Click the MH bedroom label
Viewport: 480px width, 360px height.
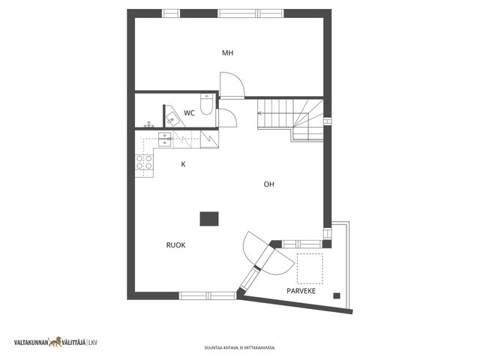[x=228, y=53]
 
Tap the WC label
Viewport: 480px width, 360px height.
[x=189, y=113]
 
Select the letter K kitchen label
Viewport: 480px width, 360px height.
[x=183, y=164]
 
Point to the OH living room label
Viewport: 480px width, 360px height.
[x=268, y=184]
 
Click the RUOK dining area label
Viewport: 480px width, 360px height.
[x=175, y=245]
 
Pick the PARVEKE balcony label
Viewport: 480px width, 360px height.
[x=301, y=291]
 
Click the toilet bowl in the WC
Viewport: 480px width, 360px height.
[x=206, y=104]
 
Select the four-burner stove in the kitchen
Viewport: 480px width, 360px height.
[x=144, y=162]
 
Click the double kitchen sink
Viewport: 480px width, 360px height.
[x=165, y=140]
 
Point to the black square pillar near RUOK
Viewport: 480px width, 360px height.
[x=209, y=219]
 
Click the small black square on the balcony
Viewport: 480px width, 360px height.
[x=337, y=295]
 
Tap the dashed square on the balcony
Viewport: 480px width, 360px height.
[x=310, y=268]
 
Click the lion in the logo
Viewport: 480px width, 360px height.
[x=55, y=342]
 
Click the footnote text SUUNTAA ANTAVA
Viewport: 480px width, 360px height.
[x=219, y=348]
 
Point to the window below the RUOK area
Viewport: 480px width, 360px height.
[x=208, y=295]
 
